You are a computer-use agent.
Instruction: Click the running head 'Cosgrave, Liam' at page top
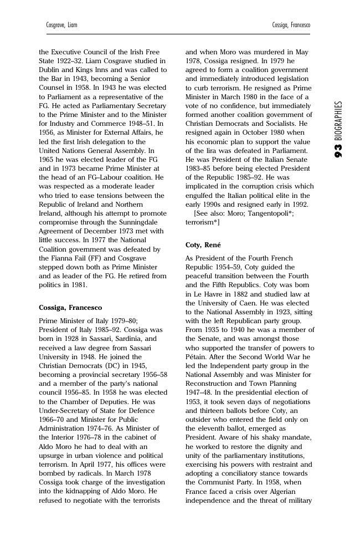(61, 25)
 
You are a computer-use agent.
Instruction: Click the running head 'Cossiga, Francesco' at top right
(291, 25)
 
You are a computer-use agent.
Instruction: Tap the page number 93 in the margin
(338, 150)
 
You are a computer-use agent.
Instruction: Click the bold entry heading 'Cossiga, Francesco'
(70, 308)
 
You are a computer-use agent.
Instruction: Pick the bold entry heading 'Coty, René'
(203, 245)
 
